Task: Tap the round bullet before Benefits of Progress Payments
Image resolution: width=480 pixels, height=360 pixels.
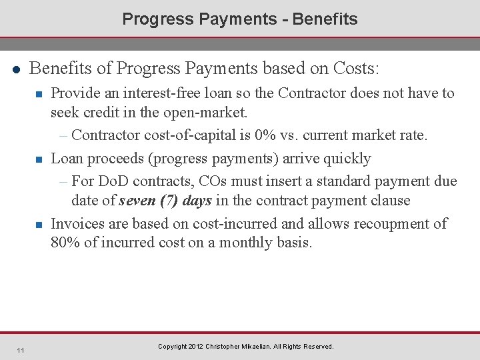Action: pyautogui.click(x=15, y=69)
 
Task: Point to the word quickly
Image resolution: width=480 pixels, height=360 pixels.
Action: pyautogui.click(x=346, y=159)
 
